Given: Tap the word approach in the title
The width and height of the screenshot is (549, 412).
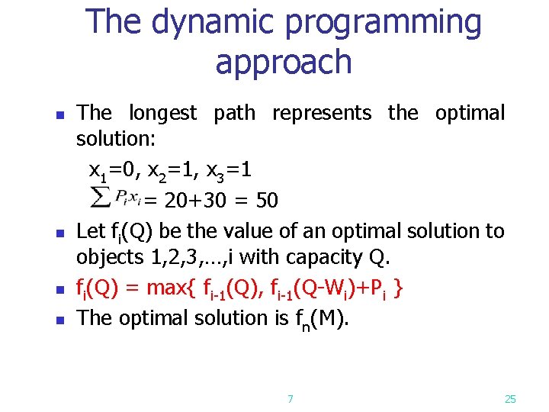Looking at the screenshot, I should (284, 63).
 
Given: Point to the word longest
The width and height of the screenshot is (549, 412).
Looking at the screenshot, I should (162, 114).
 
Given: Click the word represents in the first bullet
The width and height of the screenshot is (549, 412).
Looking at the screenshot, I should (322, 114).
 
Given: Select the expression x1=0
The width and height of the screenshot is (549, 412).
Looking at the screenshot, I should (109, 170).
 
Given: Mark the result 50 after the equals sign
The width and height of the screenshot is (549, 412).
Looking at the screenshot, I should (266, 201).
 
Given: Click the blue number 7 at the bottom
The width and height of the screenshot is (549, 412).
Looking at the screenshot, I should (290, 398).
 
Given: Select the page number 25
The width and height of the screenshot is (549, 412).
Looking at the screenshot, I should (510, 398).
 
